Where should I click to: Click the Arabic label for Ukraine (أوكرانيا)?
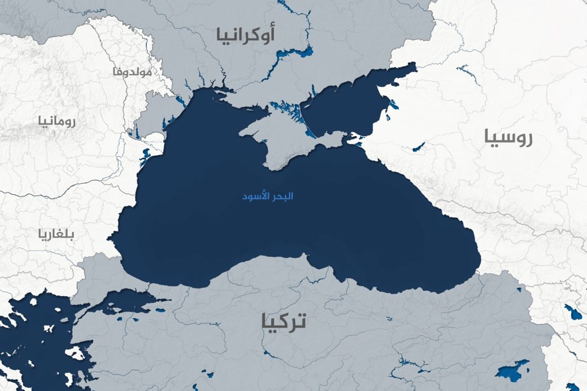point(245,34)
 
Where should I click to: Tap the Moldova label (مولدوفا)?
point(132,72)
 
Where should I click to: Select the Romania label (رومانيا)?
point(57,121)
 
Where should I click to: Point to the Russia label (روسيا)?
point(508,137)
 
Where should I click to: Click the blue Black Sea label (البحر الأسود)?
point(268,196)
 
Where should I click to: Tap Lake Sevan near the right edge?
point(573,313)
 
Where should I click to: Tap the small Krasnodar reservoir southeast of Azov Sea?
point(418,147)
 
